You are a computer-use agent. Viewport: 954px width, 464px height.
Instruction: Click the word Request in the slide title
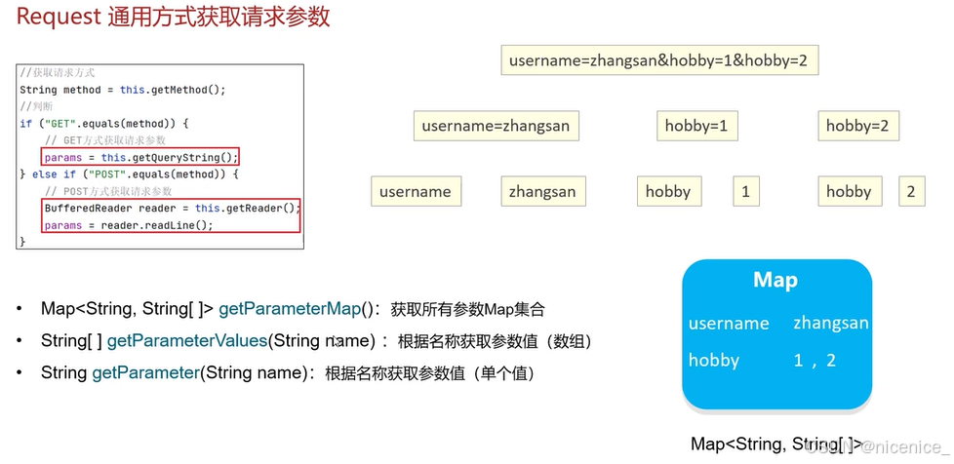point(59,17)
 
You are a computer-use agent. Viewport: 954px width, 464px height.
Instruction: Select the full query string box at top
point(659,60)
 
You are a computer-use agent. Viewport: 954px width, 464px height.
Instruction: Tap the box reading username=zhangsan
point(496,126)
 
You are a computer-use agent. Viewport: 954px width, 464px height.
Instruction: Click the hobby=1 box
point(697,126)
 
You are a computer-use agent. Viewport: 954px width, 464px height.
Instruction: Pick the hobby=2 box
point(858,126)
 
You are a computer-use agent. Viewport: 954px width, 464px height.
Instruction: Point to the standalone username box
point(417,192)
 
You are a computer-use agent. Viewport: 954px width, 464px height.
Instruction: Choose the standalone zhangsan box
point(543,192)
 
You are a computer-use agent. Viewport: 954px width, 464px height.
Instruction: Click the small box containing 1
point(746,192)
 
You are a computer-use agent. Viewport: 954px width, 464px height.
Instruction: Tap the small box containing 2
point(911,192)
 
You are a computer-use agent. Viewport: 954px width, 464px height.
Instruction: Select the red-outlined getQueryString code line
point(139,158)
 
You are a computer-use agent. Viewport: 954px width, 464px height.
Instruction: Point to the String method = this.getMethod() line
point(123,90)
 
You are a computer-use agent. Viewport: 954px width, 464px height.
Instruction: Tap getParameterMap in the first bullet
point(290,310)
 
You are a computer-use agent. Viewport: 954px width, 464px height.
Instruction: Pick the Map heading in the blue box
point(775,280)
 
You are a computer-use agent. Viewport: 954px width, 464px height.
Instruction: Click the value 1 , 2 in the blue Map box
point(815,360)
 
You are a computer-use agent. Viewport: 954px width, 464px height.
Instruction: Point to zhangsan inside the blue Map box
point(830,324)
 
